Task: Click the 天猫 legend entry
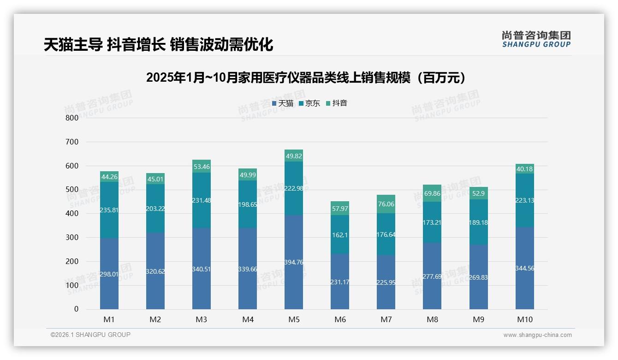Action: coord(283,103)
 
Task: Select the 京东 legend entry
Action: coord(309,103)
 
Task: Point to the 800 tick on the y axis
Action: coord(72,118)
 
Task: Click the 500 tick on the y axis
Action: coord(72,190)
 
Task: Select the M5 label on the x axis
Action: coord(294,319)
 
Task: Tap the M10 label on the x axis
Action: coord(524,319)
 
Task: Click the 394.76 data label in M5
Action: coord(294,262)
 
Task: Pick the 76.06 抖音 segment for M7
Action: coord(386,204)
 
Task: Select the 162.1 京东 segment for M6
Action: coord(340,234)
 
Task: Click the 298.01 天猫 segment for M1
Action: coord(109,274)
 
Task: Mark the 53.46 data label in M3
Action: coord(202,167)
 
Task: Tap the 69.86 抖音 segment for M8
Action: coord(432,193)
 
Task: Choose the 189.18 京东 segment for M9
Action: coord(478,222)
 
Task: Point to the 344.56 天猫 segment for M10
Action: coord(524,268)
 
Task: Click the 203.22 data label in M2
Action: coord(155,209)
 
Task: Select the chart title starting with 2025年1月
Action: coord(305,78)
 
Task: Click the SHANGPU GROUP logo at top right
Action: coord(536,39)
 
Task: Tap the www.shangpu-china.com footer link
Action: coord(537,335)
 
